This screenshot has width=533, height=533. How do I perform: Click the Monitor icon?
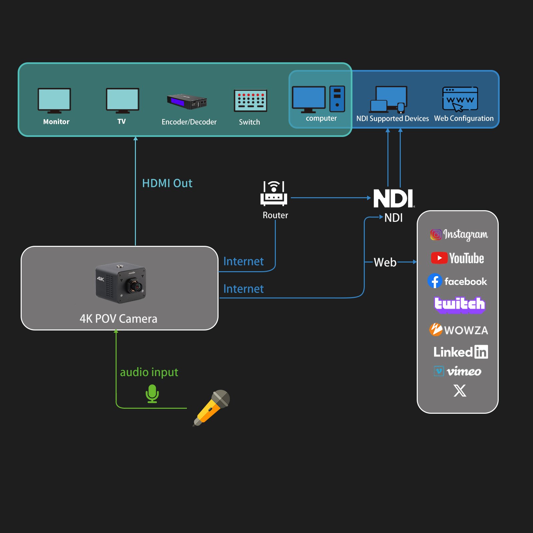click(x=54, y=100)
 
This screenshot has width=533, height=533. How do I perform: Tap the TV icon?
click(x=122, y=100)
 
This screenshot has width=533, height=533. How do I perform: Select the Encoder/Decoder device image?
click(x=187, y=101)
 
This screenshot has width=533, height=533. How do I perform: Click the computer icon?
click(x=318, y=99)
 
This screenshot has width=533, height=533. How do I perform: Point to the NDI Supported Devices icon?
click(x=388, y=100)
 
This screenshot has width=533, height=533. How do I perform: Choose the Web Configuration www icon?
click(x=460, y=99)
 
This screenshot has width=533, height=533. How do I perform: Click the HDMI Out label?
click(x=167, y=183)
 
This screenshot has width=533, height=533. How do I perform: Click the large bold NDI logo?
click(x=393, y=198)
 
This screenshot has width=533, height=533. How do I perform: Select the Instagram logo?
click(x=459, y=235)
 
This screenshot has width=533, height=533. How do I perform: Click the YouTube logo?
click(x=457, y=258)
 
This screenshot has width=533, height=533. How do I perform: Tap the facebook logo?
click(x=457, y=281)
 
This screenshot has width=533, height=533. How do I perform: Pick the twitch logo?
click(x=459, y=304)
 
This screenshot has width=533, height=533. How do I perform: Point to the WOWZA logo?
click(x=458, y=330)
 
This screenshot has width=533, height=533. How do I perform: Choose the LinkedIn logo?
click(x=460, y=352)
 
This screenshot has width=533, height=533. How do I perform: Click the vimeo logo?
click(x=458, y=371)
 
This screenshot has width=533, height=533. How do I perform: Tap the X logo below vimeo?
click(x=460, y=390)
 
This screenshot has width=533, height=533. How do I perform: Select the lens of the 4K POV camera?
click(x=136, y=286)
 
